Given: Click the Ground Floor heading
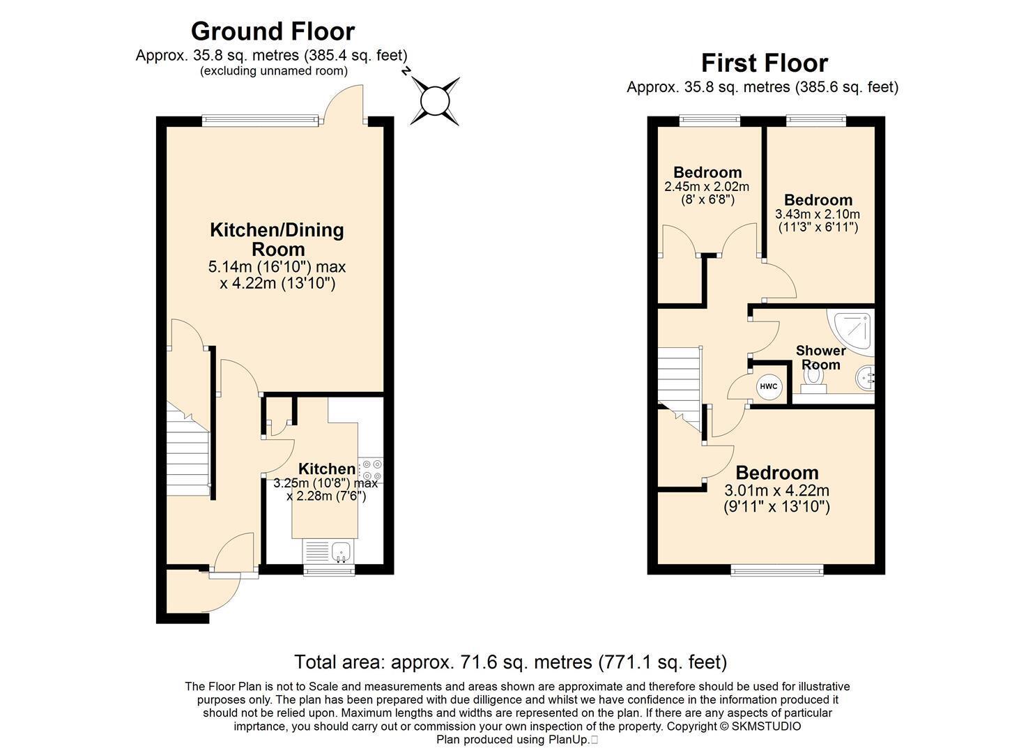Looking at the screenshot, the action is click(273, 31).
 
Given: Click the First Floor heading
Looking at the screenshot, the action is click(765, 63).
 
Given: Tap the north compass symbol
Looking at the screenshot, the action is click(434, 101).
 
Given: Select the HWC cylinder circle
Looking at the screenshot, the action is click(768, 386).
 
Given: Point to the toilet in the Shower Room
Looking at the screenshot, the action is click(813, 381).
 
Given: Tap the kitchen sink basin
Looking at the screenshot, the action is click(342, 552).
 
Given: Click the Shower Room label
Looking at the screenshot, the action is click(820, 357).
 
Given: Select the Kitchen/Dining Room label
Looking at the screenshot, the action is click(277, 239).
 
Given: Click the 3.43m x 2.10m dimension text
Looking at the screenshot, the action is click(818, 215).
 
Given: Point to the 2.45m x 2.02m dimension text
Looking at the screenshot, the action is click(707, 187).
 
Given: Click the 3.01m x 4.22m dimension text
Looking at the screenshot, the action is click(776, 490).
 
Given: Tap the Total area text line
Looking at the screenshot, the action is click(511, 662).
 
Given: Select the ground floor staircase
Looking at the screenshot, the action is click(188, 450).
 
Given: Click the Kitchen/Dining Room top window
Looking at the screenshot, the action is click(261, 121).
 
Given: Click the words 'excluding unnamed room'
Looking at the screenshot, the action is click(273, 71).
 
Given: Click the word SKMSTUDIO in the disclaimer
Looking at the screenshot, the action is click(767, 727).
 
